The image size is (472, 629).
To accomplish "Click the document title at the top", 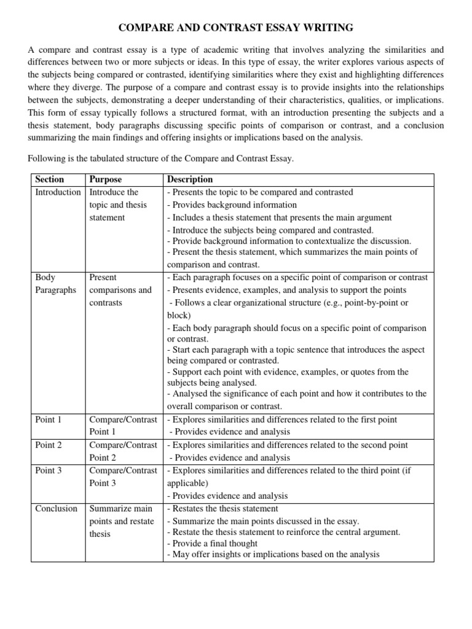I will point(235,27).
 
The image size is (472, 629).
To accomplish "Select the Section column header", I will point(50,179).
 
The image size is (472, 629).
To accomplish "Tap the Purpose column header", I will point(106,179).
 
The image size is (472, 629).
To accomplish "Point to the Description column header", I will point(190,179).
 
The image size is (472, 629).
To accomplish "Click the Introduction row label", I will point(58,192).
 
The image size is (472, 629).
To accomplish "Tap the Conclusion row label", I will point(57,509).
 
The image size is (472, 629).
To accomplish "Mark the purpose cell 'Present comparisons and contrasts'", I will point(120,290).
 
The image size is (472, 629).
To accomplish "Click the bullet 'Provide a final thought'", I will point(213,544).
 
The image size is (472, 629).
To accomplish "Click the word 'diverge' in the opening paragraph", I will point(93,87).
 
